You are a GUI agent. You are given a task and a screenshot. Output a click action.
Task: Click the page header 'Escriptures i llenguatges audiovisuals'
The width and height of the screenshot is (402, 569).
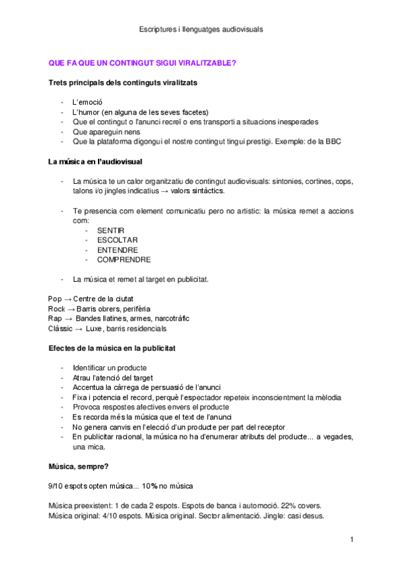pyautogui.click(x=201, y=30)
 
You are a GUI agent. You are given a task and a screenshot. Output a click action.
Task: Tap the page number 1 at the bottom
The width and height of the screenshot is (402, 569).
pyautogui.click(x=352, y=539)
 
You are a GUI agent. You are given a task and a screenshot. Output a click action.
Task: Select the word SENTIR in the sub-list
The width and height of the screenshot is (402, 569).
pyautogui.click(x=111, y=230)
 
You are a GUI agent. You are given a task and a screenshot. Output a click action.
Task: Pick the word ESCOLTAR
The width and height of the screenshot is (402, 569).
pyautogui.click(x=117, y=240)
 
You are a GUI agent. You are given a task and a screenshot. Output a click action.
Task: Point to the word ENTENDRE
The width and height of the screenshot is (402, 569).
pyautogui.click(x=117, y=250)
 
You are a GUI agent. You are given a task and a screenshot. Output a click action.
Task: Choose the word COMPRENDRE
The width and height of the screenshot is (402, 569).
pyautogui.click(x=123, y=259)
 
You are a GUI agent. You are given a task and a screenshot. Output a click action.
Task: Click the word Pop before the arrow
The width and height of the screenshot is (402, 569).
pyautogui.click(x=54, y=299)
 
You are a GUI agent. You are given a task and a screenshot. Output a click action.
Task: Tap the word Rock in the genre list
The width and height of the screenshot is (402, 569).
pyautogui.click(x=56, y=309)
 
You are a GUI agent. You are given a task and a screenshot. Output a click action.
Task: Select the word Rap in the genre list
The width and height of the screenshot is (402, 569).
pyautogui.click(x=55, y=319)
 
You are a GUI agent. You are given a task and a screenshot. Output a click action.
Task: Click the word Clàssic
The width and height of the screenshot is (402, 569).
pyautogui.click(x=60, y=329)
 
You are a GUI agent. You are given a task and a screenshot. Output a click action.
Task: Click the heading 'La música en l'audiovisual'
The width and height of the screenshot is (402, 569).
pyautogui.click(x=95, y=162)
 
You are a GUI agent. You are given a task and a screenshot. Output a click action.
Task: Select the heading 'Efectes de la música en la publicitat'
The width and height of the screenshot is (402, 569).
pyautogui.click(x=113, y=348)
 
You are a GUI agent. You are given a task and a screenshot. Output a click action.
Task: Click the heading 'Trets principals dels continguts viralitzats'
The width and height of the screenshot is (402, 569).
pyautogui.click(x=123, y=83)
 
